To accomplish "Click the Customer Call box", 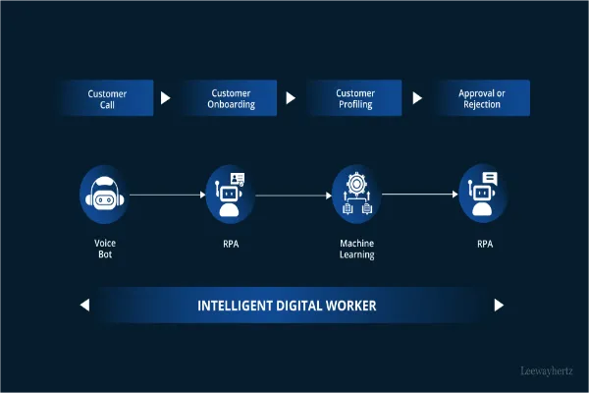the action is tap(107, 98).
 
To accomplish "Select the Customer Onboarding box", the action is tap(232, 98).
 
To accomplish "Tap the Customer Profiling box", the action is tap(355, 98).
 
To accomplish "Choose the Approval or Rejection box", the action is tap(482, 98).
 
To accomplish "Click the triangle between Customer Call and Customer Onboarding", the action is tap(165, 98).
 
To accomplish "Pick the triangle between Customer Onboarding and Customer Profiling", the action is tap(291, 98).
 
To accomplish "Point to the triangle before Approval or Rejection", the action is tap(417, 98).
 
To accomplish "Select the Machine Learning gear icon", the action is tap(355, 195).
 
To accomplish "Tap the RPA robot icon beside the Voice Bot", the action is tap(231, 195).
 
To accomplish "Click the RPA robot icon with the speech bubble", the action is tap(482, 195).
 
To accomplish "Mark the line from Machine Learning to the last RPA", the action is tap(418, 195).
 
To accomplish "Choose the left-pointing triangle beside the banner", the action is tap(84, 306).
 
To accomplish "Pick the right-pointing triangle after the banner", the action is tap(499, 306).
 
